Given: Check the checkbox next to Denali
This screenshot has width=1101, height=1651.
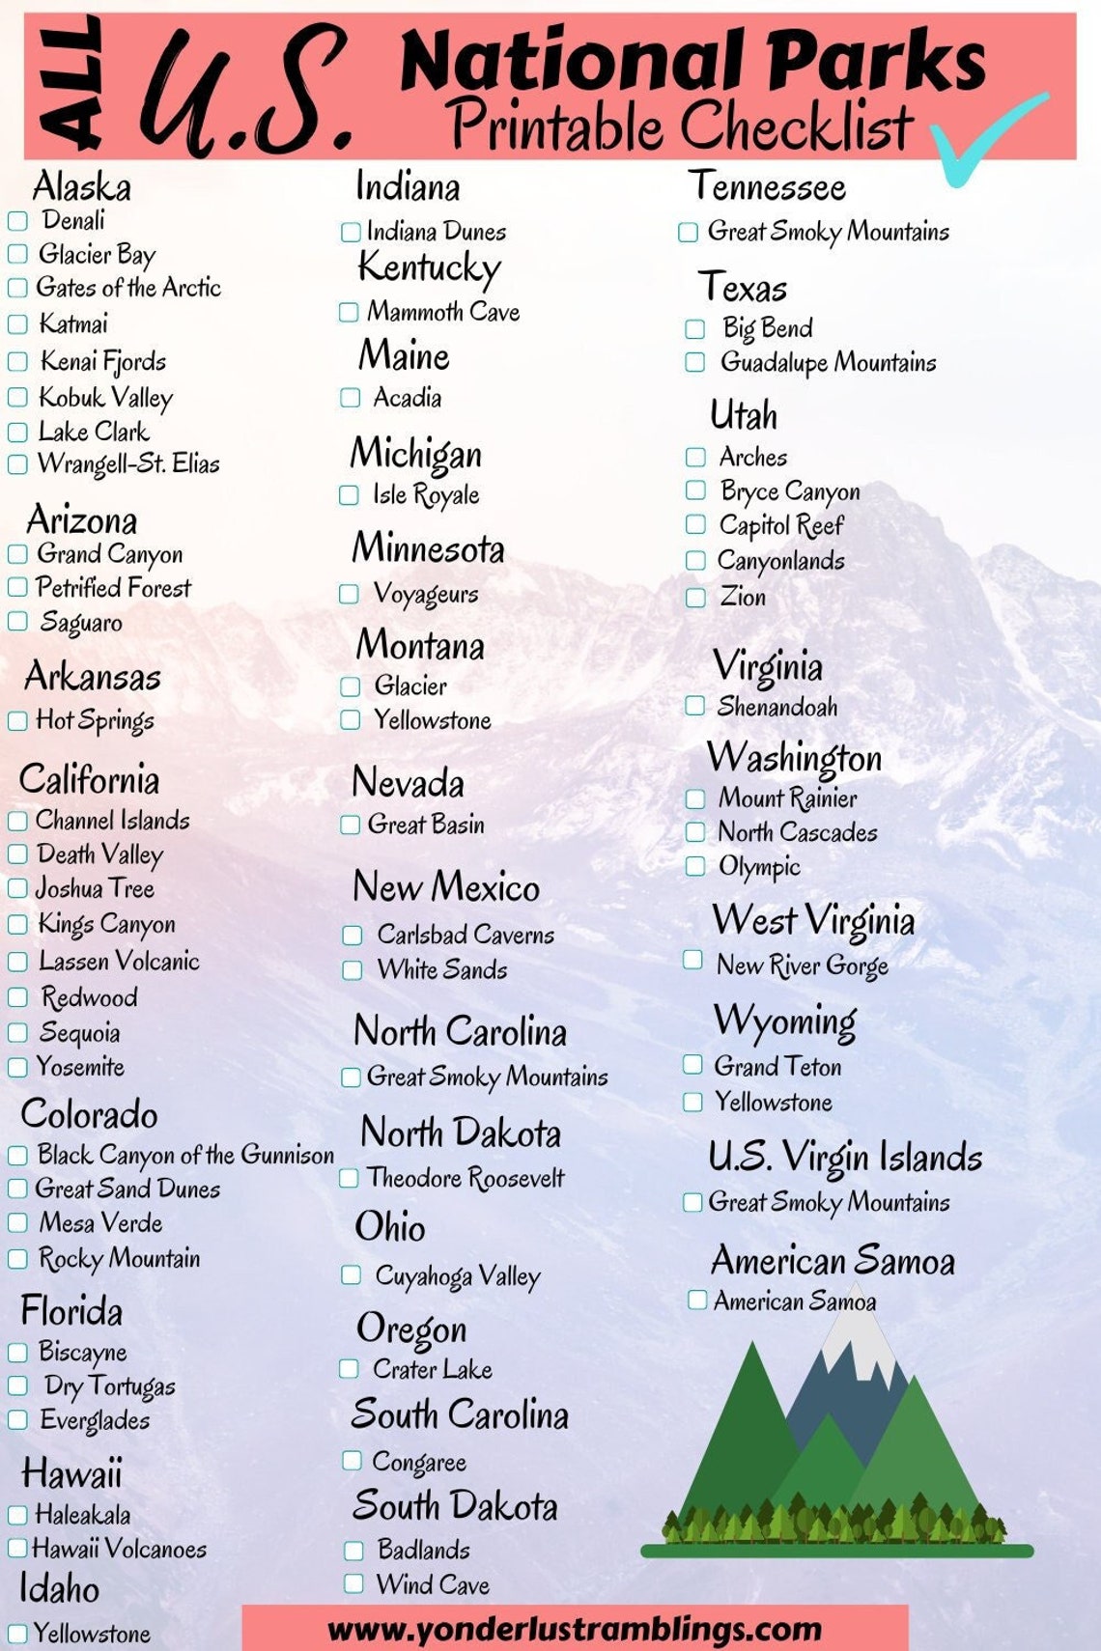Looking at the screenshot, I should pos(17,221).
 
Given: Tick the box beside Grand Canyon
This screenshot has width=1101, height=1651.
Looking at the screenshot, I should pos(17,554).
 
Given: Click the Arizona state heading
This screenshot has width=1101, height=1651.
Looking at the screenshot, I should pos(82,520).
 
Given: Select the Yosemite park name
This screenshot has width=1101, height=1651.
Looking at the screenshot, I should pos(80,1067).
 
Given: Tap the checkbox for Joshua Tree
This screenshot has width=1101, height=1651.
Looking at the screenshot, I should pos(17,888).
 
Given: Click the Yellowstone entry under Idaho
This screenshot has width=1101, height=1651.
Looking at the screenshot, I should pos(92,1634).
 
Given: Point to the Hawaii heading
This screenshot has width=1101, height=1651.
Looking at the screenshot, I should pos(71,1473).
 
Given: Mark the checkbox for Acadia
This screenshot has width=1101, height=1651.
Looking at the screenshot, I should pos(350,398).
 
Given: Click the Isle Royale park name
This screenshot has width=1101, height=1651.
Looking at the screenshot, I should pos(426,495).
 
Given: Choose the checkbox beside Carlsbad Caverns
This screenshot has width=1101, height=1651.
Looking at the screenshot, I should pos(353,935).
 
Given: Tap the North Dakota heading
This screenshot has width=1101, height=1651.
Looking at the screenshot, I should pos(460,1133).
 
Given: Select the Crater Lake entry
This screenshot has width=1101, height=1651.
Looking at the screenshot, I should pos(433,1369).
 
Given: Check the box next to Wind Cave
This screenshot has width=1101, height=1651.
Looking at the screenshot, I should pos(353,1584).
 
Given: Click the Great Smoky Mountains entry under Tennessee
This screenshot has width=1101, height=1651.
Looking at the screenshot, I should pos(828,232).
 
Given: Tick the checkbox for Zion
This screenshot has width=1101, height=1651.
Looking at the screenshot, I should pos(695,598).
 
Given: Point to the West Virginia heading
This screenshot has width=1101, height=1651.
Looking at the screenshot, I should pos(812,920).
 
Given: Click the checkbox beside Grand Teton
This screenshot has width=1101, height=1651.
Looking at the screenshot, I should pos(692,1065).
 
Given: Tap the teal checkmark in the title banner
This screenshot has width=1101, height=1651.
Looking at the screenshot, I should pos(985,140).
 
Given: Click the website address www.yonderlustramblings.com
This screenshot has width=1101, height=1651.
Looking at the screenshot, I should pos(575,1630).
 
